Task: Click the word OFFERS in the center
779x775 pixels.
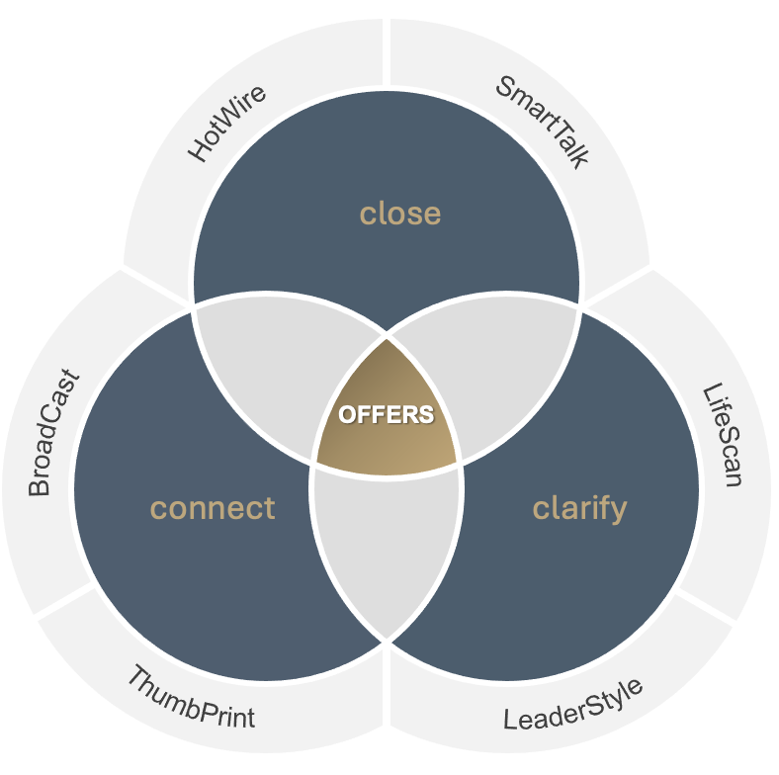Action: point(387,414)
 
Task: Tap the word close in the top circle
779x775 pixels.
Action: point(399,213)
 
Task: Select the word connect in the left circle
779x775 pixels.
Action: point(213,508)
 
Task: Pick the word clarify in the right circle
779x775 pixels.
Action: point(579,508)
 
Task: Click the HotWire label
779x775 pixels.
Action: point(227,125)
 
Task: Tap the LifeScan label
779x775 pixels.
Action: point(723,435)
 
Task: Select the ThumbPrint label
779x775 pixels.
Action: point(190,698)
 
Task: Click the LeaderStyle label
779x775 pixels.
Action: point(573,704)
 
